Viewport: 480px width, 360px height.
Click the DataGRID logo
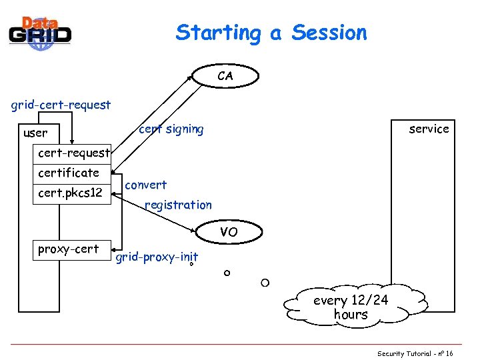point(40,31)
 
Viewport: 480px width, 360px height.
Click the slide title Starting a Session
point(271,33)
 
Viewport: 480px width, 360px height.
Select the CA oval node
point(225,76)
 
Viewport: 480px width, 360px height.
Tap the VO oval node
point(229,232)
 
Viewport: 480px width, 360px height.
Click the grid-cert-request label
point(61,105)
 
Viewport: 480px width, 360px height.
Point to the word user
point(35,133)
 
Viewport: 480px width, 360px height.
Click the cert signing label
point(171,129)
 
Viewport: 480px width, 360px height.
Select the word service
point(429,129)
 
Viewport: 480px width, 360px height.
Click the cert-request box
point(73,153)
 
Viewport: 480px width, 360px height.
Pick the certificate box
point(69,173)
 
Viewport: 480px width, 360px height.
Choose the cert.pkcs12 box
point(70,193)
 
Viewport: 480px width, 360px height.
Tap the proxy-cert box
point(69,249)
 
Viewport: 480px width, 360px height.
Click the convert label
point(146,185)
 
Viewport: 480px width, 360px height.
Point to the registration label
point(178,205)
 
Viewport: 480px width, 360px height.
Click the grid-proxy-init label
point(157,257)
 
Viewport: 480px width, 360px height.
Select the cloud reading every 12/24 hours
point(351,307)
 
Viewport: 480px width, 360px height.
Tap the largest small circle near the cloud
point(265,283)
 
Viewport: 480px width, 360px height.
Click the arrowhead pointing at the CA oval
point(191,78)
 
